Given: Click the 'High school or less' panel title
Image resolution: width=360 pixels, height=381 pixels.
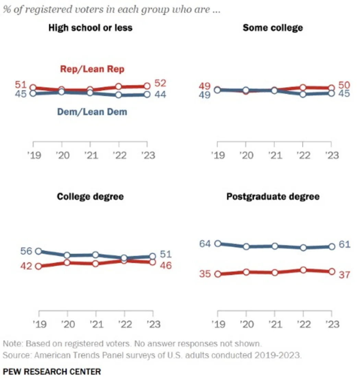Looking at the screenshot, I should coord(90,28).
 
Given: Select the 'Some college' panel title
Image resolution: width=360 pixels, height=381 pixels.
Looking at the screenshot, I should coord(273,28).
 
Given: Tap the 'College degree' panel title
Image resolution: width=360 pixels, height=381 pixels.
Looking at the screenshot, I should coord(90,196).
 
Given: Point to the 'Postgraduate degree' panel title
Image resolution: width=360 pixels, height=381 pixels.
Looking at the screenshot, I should coord(273,196).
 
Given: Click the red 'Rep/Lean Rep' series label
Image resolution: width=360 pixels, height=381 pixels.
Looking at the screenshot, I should coord(92,69).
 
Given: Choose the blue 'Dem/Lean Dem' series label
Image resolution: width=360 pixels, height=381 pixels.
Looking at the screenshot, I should coord(92,111).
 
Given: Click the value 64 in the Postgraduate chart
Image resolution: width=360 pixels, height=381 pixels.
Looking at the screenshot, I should coord(205,244).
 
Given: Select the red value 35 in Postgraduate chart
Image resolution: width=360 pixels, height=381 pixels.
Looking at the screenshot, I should coord(205,274).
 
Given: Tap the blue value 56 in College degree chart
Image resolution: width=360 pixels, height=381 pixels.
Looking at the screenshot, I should coord(26,251).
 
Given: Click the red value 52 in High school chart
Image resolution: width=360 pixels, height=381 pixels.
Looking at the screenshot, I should coord(160,84).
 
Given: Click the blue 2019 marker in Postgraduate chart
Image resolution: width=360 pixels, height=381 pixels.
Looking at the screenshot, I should coord(218,244).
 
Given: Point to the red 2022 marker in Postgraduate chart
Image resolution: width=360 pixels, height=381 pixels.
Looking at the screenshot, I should coord(303,270).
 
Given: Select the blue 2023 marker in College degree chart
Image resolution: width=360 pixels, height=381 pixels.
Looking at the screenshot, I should coord(153,256).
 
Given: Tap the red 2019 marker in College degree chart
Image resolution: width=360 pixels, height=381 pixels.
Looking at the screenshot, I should coord(38,266).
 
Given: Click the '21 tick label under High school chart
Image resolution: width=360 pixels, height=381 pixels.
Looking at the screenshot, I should coord(90,155).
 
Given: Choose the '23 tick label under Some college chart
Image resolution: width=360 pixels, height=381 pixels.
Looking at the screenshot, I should coord(331,155).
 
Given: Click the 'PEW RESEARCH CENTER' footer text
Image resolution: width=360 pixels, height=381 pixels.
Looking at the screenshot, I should coord(52,371).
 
